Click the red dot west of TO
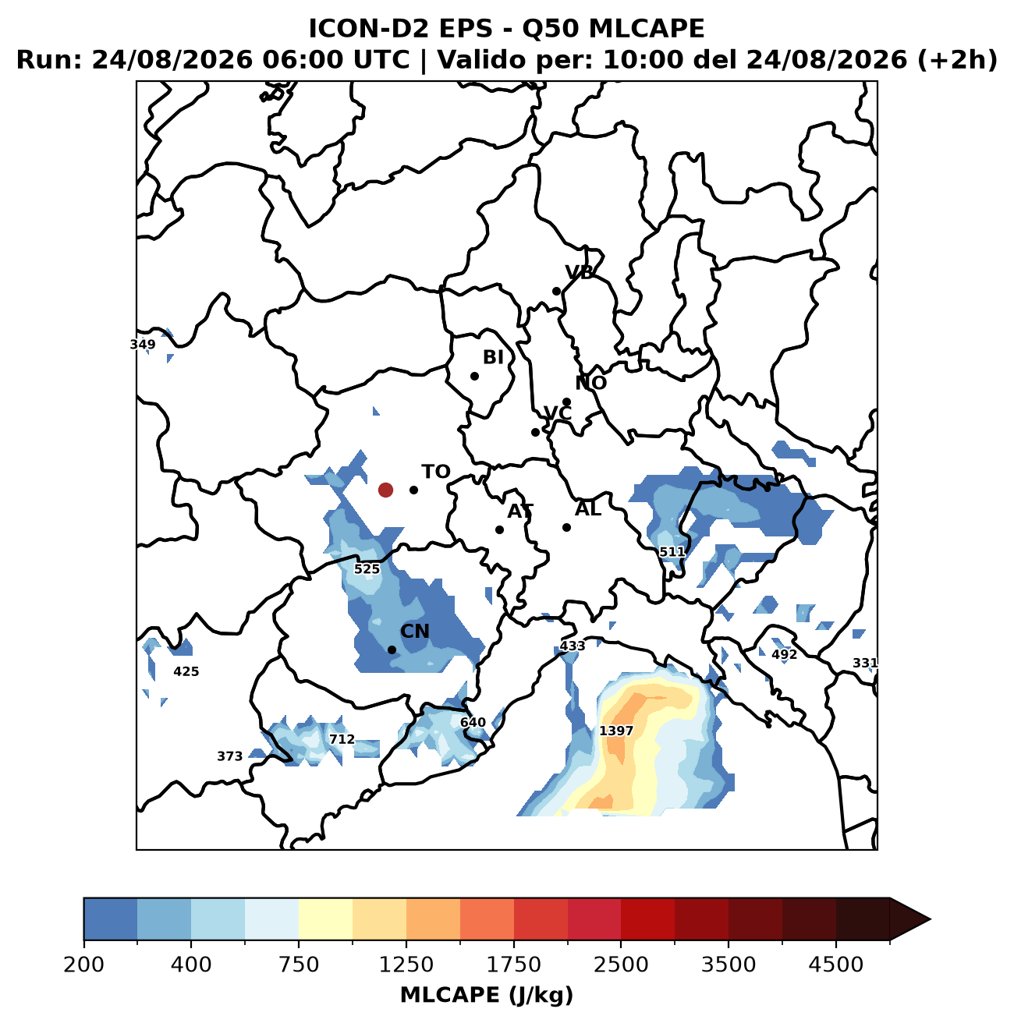coord(385,490)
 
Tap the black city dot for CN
coord(392,650)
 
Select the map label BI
coord(493,357)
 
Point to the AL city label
coord(588,508)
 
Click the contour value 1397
coord(616,731)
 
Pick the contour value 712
coord(342,739)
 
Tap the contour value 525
coord(367,568)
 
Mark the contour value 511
coord(672,551)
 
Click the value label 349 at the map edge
coord(143,345)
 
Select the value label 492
coord(784,654)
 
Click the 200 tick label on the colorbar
coord(84,965)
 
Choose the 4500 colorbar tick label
coord(835,965)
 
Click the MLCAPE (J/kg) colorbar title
coord(487,996)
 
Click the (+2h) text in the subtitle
coord(957,60)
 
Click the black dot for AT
coord(498,529)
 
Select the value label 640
coord(472,722)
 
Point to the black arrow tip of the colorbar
coord(930,919)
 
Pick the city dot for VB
coord(556,291)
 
